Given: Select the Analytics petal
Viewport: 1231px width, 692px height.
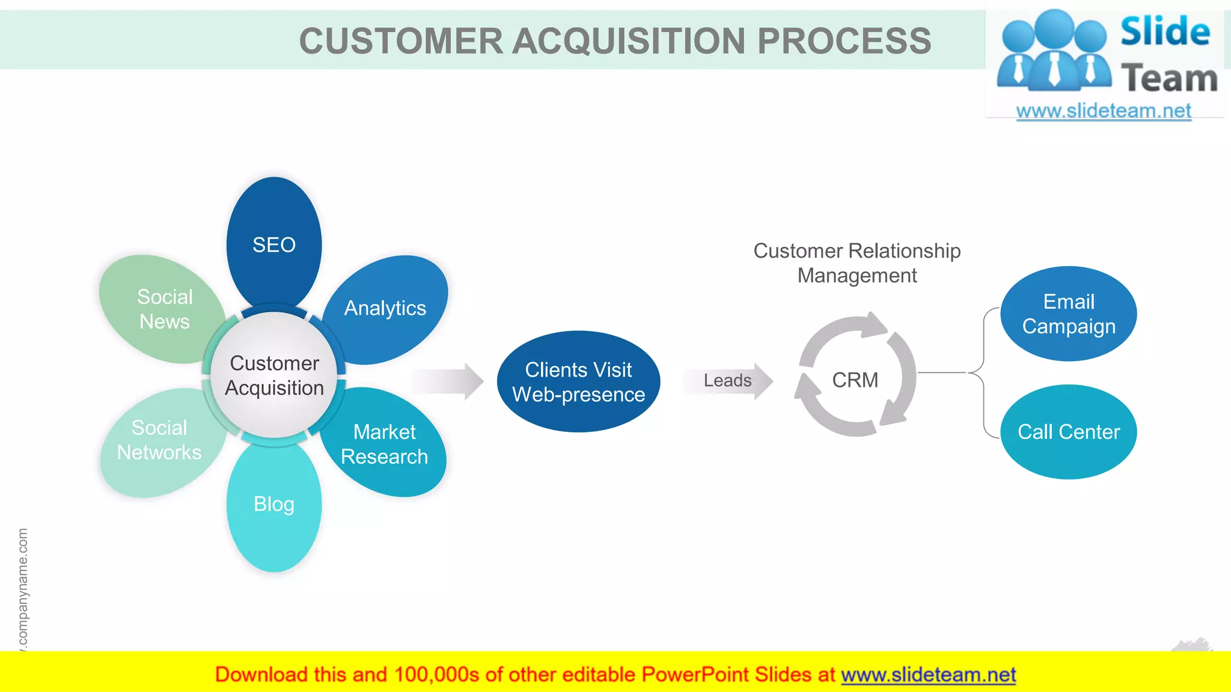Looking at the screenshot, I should [x=386, y=308].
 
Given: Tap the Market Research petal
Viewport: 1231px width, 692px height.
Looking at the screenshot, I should [x=385, y=444].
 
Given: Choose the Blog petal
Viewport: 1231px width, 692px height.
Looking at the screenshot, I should [x=274, y=505].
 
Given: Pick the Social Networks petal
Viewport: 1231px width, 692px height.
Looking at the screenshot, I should [x=159, y=440].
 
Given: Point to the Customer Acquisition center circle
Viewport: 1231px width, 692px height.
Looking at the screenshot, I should [x=274, y=375].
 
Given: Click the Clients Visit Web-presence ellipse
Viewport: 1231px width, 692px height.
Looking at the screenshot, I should [x=578, y=381].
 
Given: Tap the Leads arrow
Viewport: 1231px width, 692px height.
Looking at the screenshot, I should [x=729, y=381].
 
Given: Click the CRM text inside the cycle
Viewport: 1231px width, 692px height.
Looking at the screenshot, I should [x=855, y=380].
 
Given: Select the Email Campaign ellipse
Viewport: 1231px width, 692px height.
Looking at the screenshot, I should [x=1068, y=314].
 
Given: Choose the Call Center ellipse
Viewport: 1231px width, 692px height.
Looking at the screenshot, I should [x=1068, y=432].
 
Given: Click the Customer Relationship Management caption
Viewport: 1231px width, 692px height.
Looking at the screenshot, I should [x=857, y=263].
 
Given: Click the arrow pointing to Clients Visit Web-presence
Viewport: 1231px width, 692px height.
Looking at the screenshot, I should [x=448, y=381].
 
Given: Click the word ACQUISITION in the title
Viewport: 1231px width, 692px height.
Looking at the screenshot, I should [x=629, y=41].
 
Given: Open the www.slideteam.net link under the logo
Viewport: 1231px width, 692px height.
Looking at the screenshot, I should [x=1104, y=111].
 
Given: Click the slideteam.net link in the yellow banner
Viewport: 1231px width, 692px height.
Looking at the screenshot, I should [x=928, y=675].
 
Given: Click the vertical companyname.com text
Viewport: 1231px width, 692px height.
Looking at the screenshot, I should [x=23, y=589].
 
